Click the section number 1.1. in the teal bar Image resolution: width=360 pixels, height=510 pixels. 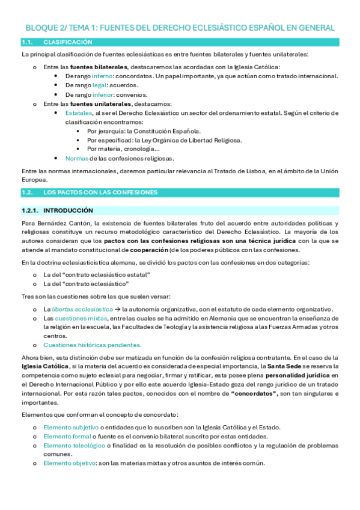27,42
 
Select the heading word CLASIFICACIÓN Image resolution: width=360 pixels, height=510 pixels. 68,42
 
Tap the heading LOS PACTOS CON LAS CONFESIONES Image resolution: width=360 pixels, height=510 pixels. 100,192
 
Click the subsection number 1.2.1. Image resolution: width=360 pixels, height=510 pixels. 29,210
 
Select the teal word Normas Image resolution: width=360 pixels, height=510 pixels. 77,158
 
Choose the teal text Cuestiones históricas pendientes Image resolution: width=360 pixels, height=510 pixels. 92,345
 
